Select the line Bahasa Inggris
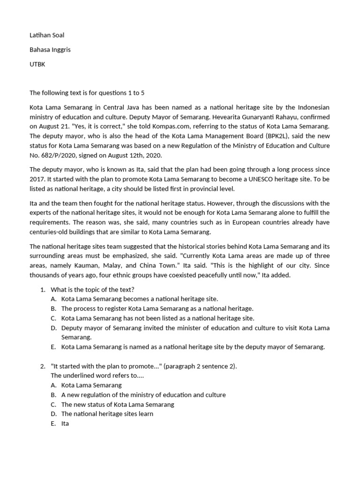pyautogui.click(x=50, y=50)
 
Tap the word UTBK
pyautogui.click(x=38, y=64)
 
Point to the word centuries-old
pyautogui.click(x=50, y=232)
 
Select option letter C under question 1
pyautogui.click(x=53, y=318)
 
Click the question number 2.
pyautogui.click(x=42, y=366)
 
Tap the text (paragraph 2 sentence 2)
pyautogui.click(x=200, y=366)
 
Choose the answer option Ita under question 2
pyautogui.click(x=65, y=423)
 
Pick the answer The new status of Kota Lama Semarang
pyautogui.click(x=118, y=404)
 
